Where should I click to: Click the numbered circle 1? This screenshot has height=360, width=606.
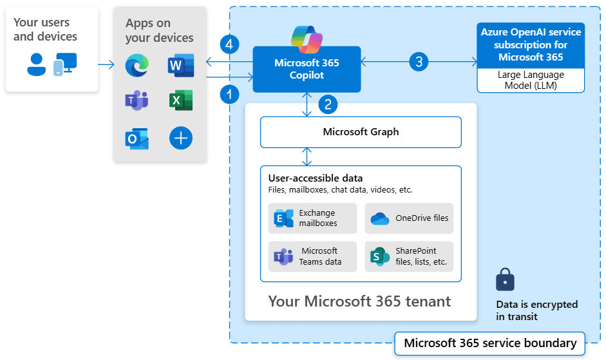pyautogui.click(x=229, y=95)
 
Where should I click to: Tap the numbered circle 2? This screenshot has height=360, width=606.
pyautogui.click(x=328, y=104)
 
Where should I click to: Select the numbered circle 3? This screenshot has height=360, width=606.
pyautogui.click(x=419, y=62)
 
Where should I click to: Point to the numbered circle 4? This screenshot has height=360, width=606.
pyautogui.click(x=229, y=44)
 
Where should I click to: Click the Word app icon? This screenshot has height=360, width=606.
pyautogui.click(x=181, y=65)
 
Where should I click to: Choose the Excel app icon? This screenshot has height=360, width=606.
pyautogui.click(x=181, y=100)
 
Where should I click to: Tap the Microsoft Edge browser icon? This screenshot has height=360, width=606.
pyautogui.click(x=137, y=65)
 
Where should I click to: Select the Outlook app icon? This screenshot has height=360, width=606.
pyautogui.click(x=137, y=138)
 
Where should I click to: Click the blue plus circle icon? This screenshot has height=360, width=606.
pyautogui.click(x=181, y=138)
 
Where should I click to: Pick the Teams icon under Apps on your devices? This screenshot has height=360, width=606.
pyautogui.click(x=137, y=100)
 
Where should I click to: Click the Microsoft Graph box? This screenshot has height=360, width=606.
pyautogui.click(x=361, y=132)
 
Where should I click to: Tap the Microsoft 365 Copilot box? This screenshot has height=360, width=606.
pyautogui.click(x=307, y=69)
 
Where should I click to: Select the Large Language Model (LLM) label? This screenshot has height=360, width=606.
pyautogui.click(x=531, y=80)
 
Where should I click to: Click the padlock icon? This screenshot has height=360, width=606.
pyautogui.click(x=505, y=279)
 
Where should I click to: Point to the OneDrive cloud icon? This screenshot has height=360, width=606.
pyautogui.click(x=379, y=219)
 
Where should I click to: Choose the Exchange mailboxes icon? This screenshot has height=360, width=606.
pyautogui.click(x=283, y=218)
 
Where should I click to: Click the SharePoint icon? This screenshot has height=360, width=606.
pyautogui.click(x=379, y=256)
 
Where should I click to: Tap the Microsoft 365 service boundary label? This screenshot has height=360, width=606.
pyautogui.click(x=489, y=343)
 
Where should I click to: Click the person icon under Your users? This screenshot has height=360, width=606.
pyautogui.click(x=36, y=64)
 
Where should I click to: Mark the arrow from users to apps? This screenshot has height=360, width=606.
pyautogui.click(x=106, y=64)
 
